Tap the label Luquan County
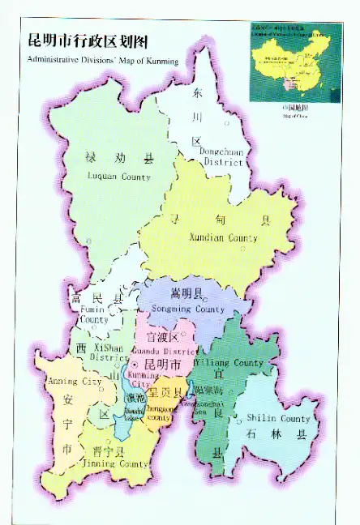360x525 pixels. click(x=119, y=177)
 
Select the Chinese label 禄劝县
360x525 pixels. click(x=118, y=158)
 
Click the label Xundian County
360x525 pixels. click(x=223, y=238)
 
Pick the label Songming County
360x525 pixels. click(x=187, y=309)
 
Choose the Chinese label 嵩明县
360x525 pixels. click(x=187, y=293)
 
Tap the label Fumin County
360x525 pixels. click(x=93, y=314)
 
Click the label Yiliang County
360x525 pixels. click(x=231, y=363)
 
